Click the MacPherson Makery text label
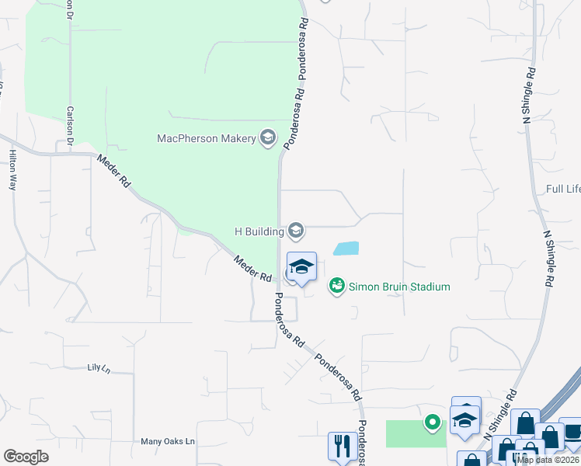coord(207,138)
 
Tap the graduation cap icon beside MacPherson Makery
coord(268,138)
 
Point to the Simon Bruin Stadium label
coord(399,287)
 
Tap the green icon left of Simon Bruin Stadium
coord(336,287)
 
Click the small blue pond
coord(346,249)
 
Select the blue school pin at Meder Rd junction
coord(301,267)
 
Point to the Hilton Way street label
coord(12,170)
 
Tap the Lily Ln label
coord(99,368)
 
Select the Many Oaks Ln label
coord(167,441)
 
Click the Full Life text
coord(563,189)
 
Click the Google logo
coord(26,456)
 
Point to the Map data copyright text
coord(548,460)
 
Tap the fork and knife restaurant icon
coord(339,446)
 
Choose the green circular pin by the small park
coord(432,423)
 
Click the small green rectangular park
coord(416,433)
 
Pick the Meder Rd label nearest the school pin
coord(252,269)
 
